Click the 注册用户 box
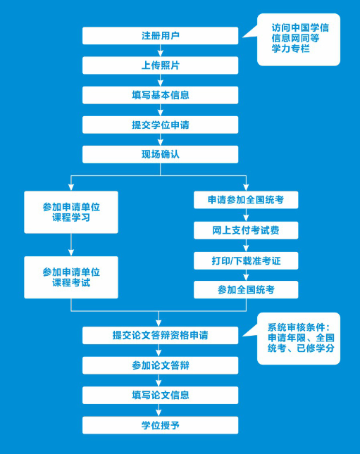pyautogui.click(x=161, y=36)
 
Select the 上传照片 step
pyautogui.click(x=161, y=65)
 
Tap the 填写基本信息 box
pyautogui.click(x=161, y=95)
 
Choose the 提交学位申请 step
pyautogui.click(x=161, y=125)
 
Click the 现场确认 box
pyautogui.click(x=161, y=154)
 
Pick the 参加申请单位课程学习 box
pyautogui.click(x=71, y=213)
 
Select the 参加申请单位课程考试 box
pyautogui.click(x=71, y=277)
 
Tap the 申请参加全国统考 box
pyautogui.click(x=246, y=200)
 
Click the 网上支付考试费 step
pyautogui.click(x=246, y=230)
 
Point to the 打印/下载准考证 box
pyautogui.click(x=246, y=260)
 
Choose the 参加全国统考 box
pyautogui.click(x=246, y=289)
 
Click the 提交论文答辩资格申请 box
pyautogui.click(x=161, y=335)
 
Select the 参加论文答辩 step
pyautogui.click(x=161, y=365)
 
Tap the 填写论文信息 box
pyautogui.click(x=161, y=395)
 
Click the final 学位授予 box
pyautogui.click(x=161, y=425)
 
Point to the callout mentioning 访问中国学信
pyautogui.click(x=299, y=39)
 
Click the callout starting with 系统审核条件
pyautogui.click(x=299, y=338)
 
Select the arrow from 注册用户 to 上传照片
pyautogui.click(x=161, y=51)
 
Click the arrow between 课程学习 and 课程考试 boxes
pyautogui.click(x=71, y=245)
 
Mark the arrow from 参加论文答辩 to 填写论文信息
pyautogui.click(x=159, y=381)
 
